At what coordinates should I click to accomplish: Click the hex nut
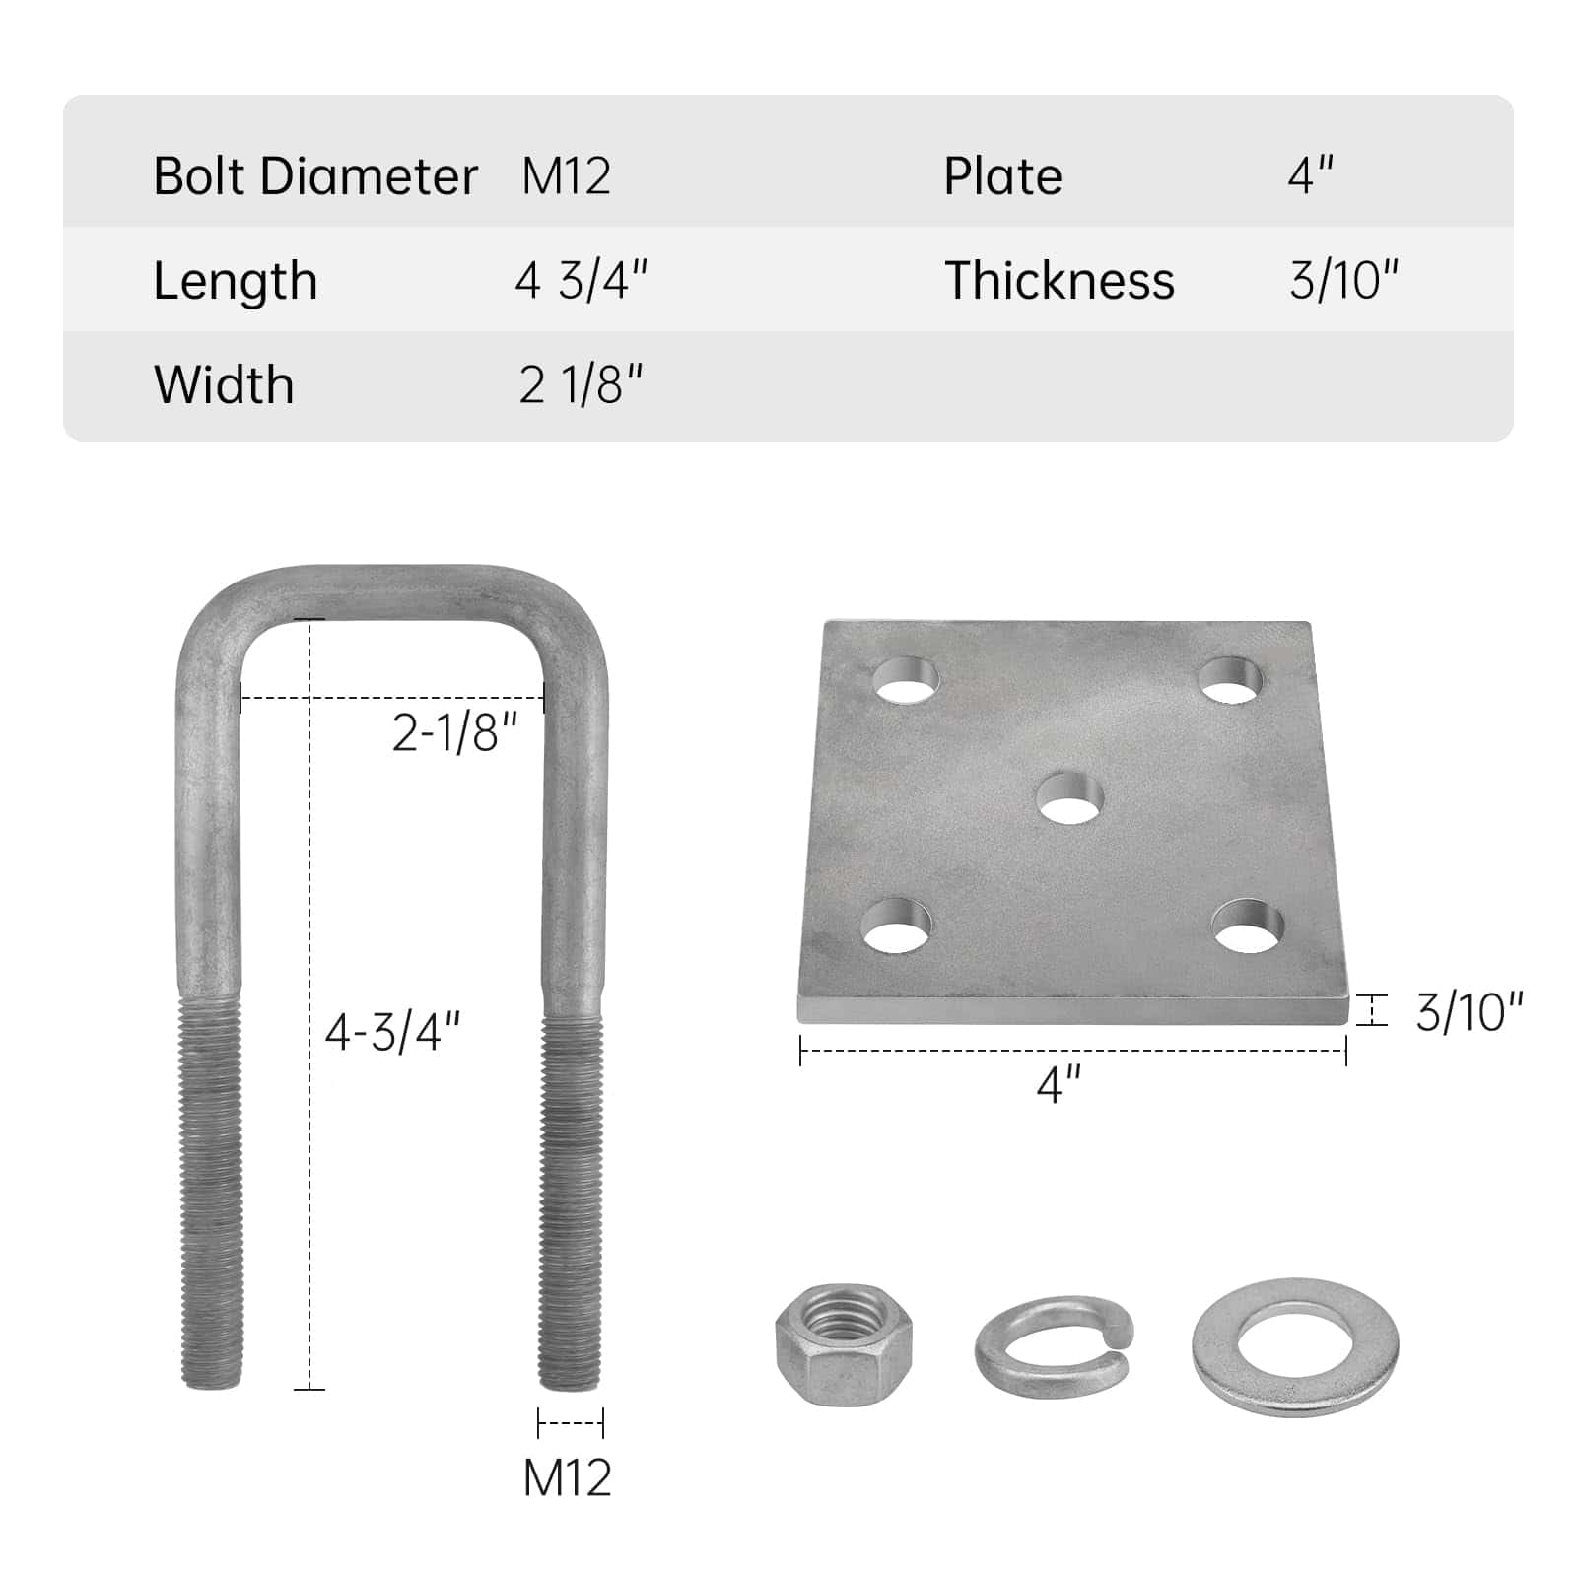point(844,1343)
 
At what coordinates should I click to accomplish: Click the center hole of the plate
point(1069,798)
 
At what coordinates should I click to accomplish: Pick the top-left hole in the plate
point(906,680)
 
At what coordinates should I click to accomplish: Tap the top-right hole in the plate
point(1230,680)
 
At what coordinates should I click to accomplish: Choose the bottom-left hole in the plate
point(896,926)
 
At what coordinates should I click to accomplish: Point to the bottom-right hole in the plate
point(1249,926)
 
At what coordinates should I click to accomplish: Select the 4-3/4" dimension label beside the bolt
point(393,1032)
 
